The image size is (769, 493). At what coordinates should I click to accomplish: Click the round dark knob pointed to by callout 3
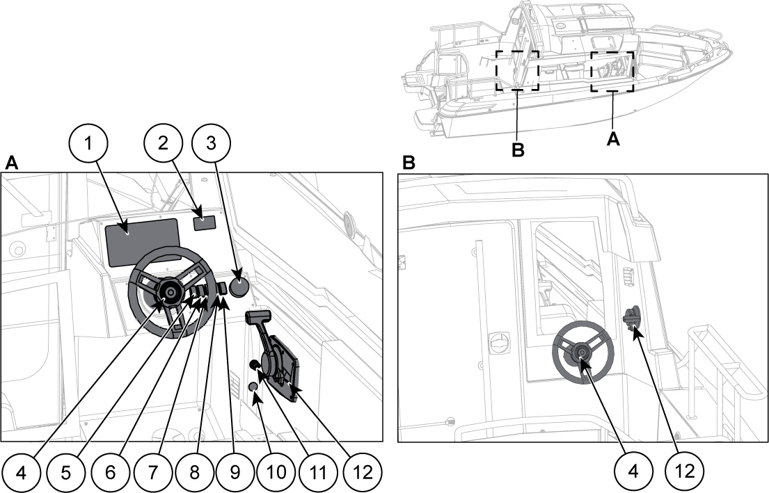tap(240, 287)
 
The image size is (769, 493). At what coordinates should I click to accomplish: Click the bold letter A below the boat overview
tap(612, 139)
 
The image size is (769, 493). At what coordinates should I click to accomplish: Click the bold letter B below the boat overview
tap(518, 149)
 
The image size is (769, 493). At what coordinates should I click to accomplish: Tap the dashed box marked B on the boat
tap(517, 70)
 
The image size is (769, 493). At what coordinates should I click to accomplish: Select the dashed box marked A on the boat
tap(612, 71)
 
